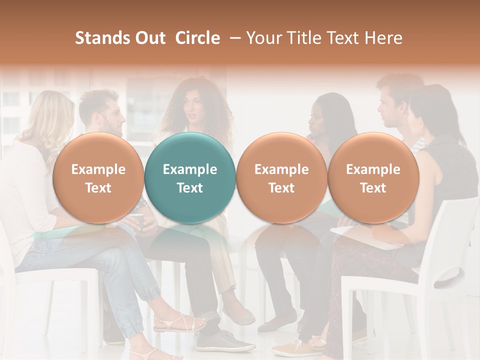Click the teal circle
190,178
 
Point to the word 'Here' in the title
383,38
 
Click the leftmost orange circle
98,178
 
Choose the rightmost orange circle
373,178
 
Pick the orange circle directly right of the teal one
281,178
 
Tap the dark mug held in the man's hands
137,222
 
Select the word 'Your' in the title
263,38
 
